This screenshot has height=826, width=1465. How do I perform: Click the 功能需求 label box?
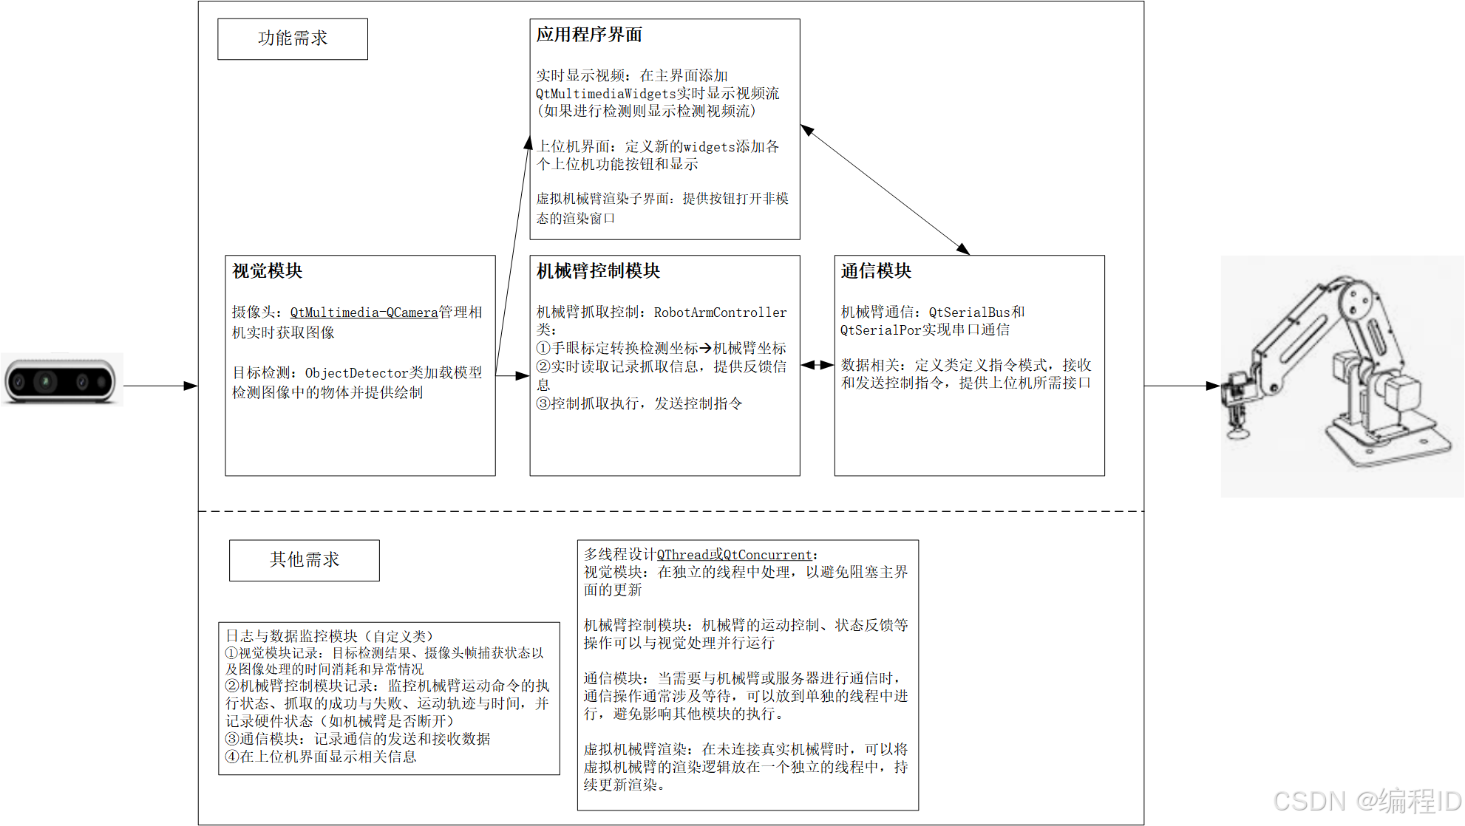[293, 39]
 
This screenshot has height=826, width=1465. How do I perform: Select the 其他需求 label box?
[304, 560]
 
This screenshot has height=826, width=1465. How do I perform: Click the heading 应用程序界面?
[589, 35]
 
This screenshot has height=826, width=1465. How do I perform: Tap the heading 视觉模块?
[267, 271]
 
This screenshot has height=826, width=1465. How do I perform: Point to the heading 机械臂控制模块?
[598, 271]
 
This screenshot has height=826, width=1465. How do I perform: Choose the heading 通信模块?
[876, 271]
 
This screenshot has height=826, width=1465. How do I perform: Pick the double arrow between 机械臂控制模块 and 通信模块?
[818, 365]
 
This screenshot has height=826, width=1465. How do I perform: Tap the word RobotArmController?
[720, 313]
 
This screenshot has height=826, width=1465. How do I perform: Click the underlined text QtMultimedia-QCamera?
[364, 313]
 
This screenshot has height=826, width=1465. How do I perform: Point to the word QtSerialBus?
[969, 313]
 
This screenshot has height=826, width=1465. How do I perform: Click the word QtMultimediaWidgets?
[606, 94]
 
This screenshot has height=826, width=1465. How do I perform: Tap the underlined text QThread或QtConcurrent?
[734, 555]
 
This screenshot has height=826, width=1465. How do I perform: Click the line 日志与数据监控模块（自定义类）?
[329, 636]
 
